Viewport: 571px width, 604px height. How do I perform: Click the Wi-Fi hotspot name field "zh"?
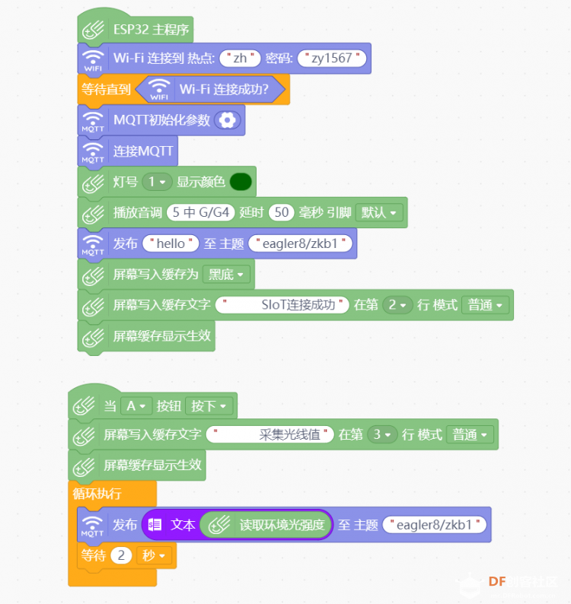click(x=240, y=58)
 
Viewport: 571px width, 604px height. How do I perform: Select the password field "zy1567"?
click(x=332, y=58)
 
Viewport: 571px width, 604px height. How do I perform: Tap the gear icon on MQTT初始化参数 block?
click(x=228, y=120)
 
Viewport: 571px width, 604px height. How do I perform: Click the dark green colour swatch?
click(x=241, y=182)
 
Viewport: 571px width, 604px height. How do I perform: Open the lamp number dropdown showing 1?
click(x=157, y=182)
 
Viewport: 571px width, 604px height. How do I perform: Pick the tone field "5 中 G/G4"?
click(x=200, y=212)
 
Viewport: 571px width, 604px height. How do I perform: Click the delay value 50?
click(x=282, y=212)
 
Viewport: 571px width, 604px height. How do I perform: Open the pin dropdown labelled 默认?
click(x=379, y=213)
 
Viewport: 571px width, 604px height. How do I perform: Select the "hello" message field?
click(x=171, y=243)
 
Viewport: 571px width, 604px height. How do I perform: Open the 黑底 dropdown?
click(x=226, y=275)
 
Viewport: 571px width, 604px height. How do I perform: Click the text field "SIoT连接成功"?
click(x=282, y=305)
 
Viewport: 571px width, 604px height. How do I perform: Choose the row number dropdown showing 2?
click(x=397, y=305)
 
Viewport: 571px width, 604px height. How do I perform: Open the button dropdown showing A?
click(x=136, y=405)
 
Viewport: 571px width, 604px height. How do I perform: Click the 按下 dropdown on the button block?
click(x=209, y=405)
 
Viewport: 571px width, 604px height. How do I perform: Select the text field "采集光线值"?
click(x=270, y=434)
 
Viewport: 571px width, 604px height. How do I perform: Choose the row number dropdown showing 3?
click(x=382, y=434)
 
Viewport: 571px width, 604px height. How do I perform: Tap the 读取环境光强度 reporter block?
click(x=266, y=525)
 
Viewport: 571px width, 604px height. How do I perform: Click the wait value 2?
click(x=121, y=555)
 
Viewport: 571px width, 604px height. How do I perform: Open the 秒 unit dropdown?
click(x=155, y=555)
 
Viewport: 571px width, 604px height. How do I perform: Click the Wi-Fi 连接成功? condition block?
click(x=212, y=89)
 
